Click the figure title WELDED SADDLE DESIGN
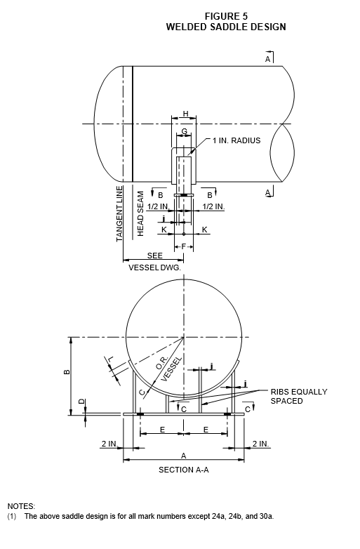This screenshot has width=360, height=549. point(226,27)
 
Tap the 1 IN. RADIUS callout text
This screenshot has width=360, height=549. point(236,140)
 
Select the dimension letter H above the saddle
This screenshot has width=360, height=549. point(185,114)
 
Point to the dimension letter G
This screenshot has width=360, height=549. point(184,132)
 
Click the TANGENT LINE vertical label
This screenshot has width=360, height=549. point(119,213)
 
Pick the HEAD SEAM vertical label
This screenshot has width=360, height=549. point(140,213)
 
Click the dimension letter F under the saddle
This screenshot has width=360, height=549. point(184,246)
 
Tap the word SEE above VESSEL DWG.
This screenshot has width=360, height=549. point(154,256)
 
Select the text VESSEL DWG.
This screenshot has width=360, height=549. point(154,267)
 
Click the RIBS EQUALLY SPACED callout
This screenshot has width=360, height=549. point(299,396)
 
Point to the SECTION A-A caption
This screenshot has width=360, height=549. point(184,470)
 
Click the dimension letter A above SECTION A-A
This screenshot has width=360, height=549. point(184,456)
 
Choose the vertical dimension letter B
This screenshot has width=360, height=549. point(67,372)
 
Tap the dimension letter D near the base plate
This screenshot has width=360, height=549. point(81,402)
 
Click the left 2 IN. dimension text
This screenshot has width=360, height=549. point(110,444)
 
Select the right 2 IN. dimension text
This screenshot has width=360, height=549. point(261,444)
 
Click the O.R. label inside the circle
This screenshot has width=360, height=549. point(162,363)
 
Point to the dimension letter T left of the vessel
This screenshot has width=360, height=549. point(111,359)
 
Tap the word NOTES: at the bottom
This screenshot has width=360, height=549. point(21,506)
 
